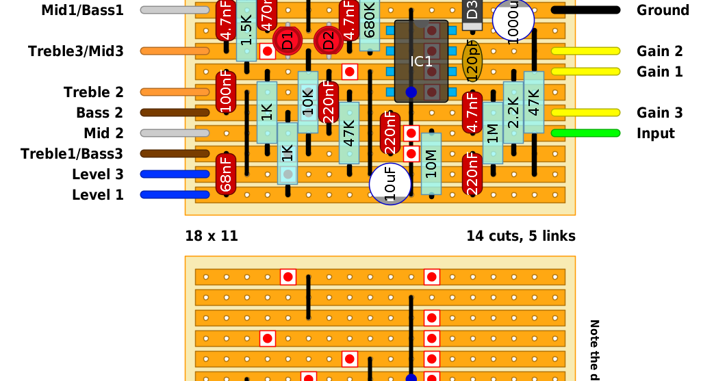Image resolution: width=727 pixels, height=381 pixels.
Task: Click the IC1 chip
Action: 421,62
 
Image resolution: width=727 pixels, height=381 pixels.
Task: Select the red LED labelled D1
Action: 288,40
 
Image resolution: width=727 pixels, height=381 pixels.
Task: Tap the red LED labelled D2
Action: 329,40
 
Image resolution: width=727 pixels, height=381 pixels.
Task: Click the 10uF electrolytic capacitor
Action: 390,183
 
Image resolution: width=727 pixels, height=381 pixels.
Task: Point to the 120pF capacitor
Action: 472,61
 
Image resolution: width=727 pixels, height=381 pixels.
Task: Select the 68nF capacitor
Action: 226,174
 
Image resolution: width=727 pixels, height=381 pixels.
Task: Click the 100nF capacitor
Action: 226,92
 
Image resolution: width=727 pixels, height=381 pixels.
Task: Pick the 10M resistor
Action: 431,164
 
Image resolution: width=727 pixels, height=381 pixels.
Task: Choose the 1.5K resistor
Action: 246,31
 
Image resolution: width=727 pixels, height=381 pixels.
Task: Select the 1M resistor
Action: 493,133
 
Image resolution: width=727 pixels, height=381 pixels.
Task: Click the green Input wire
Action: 585,133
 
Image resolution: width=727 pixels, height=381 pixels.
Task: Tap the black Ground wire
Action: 585,10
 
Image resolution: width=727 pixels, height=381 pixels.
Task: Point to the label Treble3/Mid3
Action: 76,51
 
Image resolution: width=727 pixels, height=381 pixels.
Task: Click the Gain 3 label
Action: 660,113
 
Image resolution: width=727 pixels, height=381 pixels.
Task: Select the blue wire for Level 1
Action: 175,195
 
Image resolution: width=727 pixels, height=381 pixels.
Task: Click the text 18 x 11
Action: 212,236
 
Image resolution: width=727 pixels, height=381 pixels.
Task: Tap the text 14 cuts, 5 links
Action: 521,236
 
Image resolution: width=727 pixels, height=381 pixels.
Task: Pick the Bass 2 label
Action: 100,113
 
